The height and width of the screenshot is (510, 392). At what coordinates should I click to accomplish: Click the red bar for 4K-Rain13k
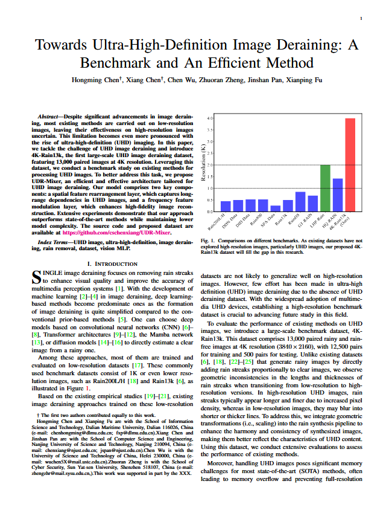pos(350,164)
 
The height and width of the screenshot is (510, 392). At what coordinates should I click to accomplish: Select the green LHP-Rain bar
pos(325,188)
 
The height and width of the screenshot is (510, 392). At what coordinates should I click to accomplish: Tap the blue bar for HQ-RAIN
pos(338,195)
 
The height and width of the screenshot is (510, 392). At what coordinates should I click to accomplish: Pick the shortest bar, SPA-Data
pos(275,208)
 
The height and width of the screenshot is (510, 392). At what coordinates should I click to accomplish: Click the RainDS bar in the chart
pos(300,201)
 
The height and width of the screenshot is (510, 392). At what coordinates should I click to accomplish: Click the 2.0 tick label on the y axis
pos(210,165)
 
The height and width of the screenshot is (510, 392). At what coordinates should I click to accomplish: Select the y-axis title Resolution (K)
pos(204,164)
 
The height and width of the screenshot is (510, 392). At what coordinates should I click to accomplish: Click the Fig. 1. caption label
pos(207,240)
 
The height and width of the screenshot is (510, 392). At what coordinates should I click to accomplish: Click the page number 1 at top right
pos(361,19)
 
